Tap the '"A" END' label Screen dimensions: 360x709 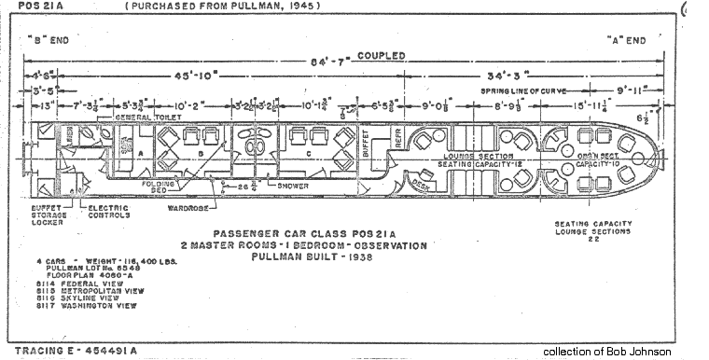click(623, 40)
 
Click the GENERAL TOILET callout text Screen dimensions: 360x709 click(144, 118)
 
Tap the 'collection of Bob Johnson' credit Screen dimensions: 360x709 click(606, 352)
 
